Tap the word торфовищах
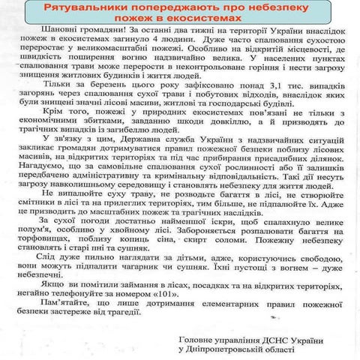point(38,233)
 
